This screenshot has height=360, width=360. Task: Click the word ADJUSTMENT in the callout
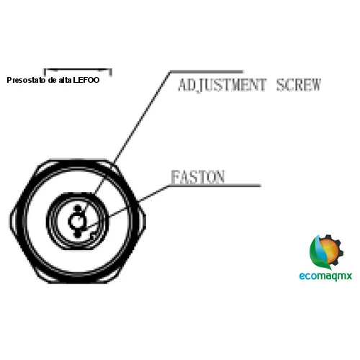(222, 85)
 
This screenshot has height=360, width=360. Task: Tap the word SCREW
(299, 85)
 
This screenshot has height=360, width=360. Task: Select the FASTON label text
(198, 177)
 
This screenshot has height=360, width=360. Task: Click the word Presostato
(26, 80)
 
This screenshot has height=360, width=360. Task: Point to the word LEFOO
(86, 80)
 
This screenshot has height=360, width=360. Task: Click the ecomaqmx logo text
(325, 276)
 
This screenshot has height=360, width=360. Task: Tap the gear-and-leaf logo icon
(326, 252)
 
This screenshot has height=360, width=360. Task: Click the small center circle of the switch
(77, 221)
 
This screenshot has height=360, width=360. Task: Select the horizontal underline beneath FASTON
(215, 185)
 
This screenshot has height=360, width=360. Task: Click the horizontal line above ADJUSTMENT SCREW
(207, 71)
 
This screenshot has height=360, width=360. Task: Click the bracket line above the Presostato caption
(78, 70)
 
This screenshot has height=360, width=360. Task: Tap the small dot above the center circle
(77, 209)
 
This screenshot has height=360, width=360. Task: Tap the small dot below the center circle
(77, 234)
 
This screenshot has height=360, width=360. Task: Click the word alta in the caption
(65, 80)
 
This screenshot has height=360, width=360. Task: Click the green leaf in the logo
(317, 254)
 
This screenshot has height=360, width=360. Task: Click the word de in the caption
(52, 80)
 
